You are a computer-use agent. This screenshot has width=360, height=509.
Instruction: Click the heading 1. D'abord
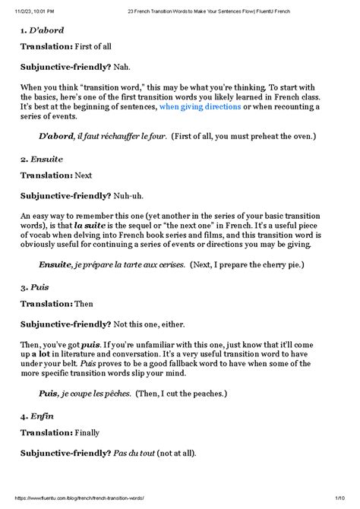42,30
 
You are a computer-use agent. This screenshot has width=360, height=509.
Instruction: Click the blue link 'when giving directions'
200,108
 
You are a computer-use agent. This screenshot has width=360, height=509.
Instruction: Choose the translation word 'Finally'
89,433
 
